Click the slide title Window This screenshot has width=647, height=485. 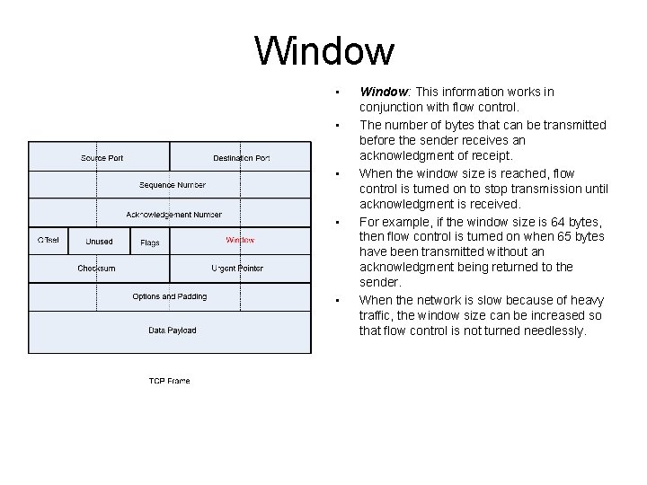click(x=324, y=51)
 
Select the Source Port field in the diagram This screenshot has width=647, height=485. click(x=102, y=158)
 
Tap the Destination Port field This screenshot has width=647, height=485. click(x=241, y=158)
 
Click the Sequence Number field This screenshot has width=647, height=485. click(x=172, y=185)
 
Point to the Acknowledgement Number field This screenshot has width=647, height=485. click(x=173, y=215)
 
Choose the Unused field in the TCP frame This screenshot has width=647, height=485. click(x=99, y=242)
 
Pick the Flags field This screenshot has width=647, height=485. click(x=150, y=242)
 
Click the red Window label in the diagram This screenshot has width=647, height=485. click(x=240, y=241)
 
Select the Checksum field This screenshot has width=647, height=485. click(x=96, y=269)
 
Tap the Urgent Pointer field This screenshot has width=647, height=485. click(x=237, y=269)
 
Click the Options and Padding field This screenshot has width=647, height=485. click(x=169, y=296)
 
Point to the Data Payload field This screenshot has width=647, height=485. click(x=172, y=331)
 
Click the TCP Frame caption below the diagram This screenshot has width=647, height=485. click(x=169, y=381)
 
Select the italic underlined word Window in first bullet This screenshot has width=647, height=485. click(x=384, y=92)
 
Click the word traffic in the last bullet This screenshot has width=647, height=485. click(x=375, y=315)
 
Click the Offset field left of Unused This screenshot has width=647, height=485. click(x=49, y=241)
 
